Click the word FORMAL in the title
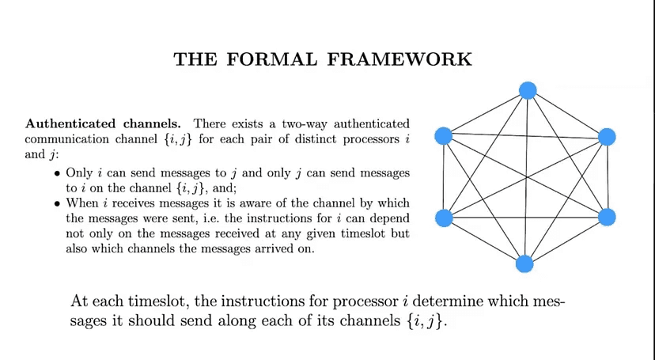(x=271, y=59)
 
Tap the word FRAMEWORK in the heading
(x=399, y=59)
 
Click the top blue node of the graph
(x=528, y=91)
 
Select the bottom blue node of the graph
(x=524, y=264)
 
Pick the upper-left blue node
(x=443, y=136)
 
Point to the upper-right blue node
(x=607, y=137)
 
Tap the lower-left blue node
(x=444, y=218)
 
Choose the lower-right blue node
(x=607, y=217)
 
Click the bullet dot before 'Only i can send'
(x=57, y=174)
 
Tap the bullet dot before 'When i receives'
(x=57, y=204)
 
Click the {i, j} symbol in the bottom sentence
(x=423, y=321)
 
